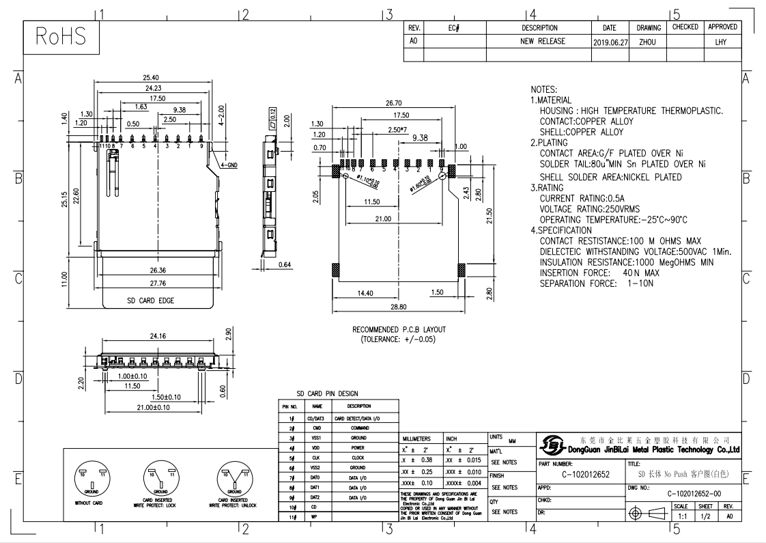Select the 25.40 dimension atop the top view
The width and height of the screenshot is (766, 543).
[152, 77]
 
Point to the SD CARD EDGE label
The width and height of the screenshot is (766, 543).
[150, 301]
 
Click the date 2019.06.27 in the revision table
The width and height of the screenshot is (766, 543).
[610, 42]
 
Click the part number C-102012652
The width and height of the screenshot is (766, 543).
[585, 474]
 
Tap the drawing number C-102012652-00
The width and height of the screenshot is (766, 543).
[694, 494]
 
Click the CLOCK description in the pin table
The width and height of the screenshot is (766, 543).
[358, 458]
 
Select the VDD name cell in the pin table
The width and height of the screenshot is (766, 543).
[317, 447]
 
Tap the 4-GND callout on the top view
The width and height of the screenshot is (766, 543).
[229, 165]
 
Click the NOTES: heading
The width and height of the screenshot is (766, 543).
[543, 89]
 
